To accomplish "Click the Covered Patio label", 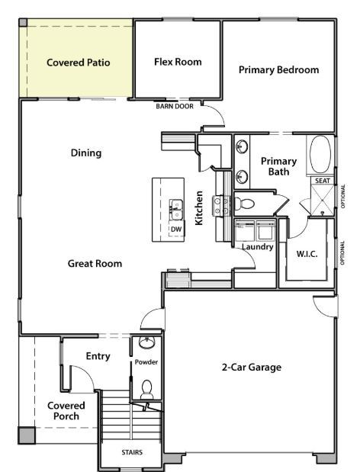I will point(78,63).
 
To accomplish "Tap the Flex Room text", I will point(177,62).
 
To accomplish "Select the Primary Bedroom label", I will point(278,69).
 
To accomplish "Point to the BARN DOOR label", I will point(174,107).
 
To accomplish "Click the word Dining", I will point(86,153).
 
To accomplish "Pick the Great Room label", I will point(95,264).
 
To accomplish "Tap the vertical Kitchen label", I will point(199,207).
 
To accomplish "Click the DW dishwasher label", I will point(175,229).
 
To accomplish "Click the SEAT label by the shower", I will point(322,181).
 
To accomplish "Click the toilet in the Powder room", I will point(146,390).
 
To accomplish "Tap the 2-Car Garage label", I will point(252,368).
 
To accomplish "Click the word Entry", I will point(98,356).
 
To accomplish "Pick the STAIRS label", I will point(131,452).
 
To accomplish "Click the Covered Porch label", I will point(66,411).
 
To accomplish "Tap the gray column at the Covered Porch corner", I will point(27,435).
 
